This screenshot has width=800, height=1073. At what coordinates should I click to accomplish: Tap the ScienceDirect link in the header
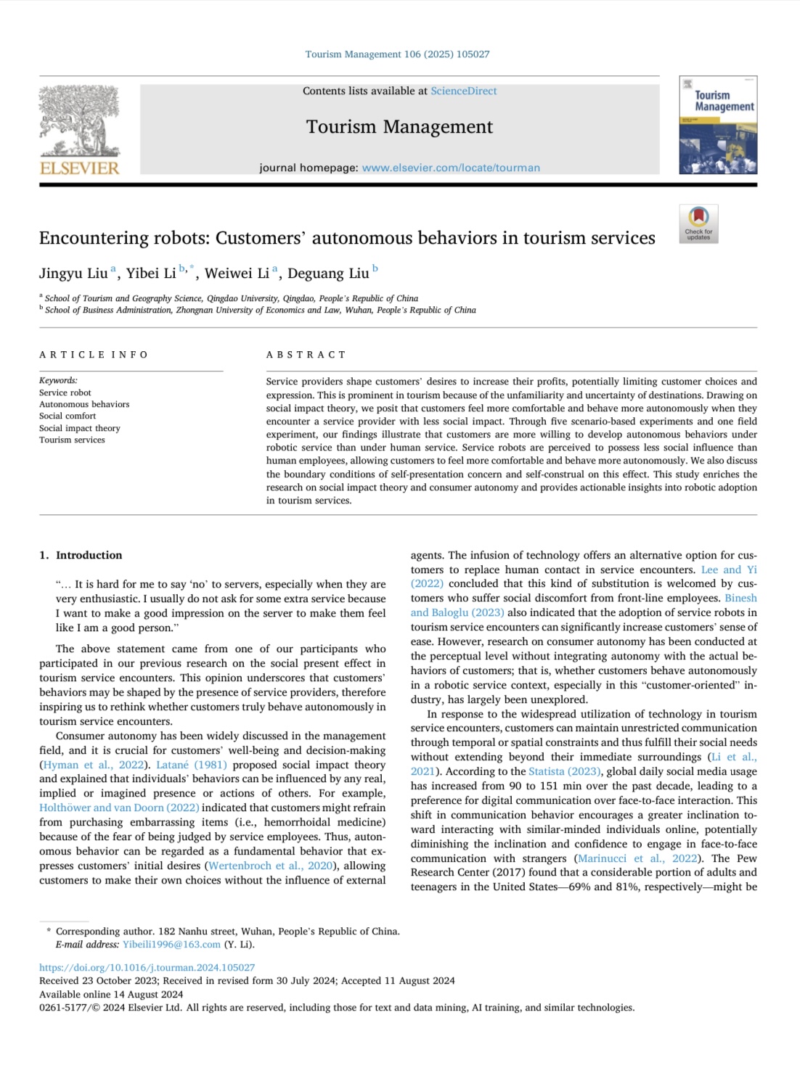pyautogui.click(x=464, y=91)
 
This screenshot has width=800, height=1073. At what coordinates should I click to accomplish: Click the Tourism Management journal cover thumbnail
pyautogui.click(x=718, y=126)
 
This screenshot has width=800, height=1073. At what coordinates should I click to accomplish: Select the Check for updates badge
pyautogui.click(x=698, y=223)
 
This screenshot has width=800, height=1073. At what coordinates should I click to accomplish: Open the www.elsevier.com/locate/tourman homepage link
pyautogui.click(x=451, y=168)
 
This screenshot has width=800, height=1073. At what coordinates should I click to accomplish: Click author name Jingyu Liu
pyautogui.click(x=73, y=274)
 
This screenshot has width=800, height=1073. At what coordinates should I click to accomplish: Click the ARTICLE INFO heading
pyautogui.click(x=94, y=355)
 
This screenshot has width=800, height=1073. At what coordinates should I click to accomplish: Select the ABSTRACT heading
pyautogui.click(x=306, y=355)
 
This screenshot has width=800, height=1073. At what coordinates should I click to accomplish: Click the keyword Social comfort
pyautogui.click(x=68, y=416)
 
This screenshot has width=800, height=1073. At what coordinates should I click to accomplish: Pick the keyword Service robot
pyautogui.click(x=65, y=392)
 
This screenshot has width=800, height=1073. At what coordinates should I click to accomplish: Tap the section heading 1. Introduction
pyautogui.click(x=81, y=555)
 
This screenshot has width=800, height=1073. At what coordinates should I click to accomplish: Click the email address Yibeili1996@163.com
pyautogui.click(x=171, y=945)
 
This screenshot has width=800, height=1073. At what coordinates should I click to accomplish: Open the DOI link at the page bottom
pyautogui.click(x=147, y=968)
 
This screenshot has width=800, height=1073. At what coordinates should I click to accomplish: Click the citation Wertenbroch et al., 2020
pyautogui.click(x=270, y=866)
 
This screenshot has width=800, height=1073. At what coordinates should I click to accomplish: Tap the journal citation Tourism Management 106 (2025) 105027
pyautogui.click(x=397, y=54)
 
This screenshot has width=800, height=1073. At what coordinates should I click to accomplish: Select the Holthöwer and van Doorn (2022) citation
pyautogui.click(x=119, y=807)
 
